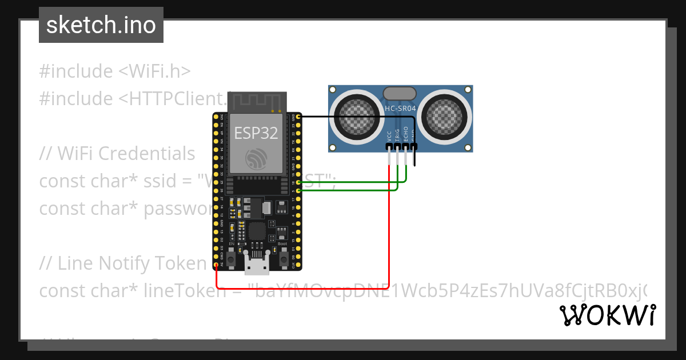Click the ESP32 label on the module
pos(256,133)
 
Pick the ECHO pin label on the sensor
pos(406,134)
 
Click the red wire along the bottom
pos(303,288)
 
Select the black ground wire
pos(354,117)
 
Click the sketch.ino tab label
pos(101,25)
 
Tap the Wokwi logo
pos(607,315)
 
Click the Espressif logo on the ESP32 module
pos(256,159)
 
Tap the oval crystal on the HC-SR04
pos(400,93)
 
